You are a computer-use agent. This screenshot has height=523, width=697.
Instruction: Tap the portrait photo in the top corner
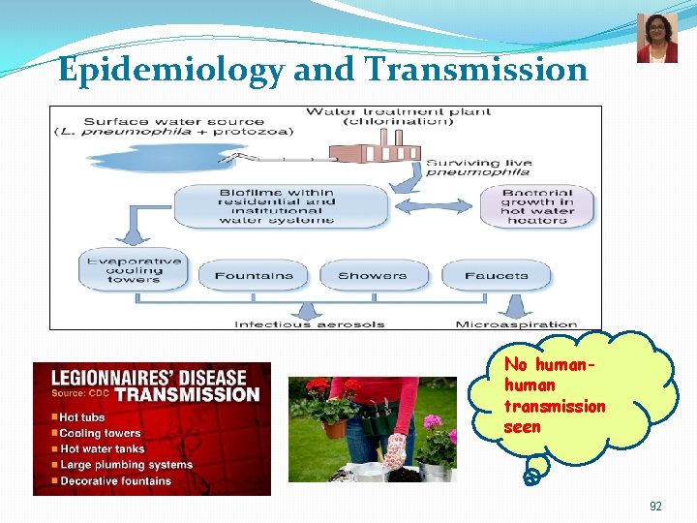point(657,39)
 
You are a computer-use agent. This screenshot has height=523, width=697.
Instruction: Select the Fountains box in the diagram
point(254,275)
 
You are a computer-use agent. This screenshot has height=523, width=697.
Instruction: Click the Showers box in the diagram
point(372,275)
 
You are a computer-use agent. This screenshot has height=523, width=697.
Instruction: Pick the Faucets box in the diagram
point(496,275)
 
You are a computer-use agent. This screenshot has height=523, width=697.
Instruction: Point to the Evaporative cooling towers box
point(134,269)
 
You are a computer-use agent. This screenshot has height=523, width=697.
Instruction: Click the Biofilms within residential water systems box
point(278,205)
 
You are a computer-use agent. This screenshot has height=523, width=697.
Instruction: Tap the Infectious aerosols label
point(309,324)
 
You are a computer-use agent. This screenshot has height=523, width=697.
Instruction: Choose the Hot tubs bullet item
point(83,417)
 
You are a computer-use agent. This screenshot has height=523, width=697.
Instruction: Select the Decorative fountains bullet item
point(116,480)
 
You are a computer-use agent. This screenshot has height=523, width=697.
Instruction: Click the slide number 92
point(655,507)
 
